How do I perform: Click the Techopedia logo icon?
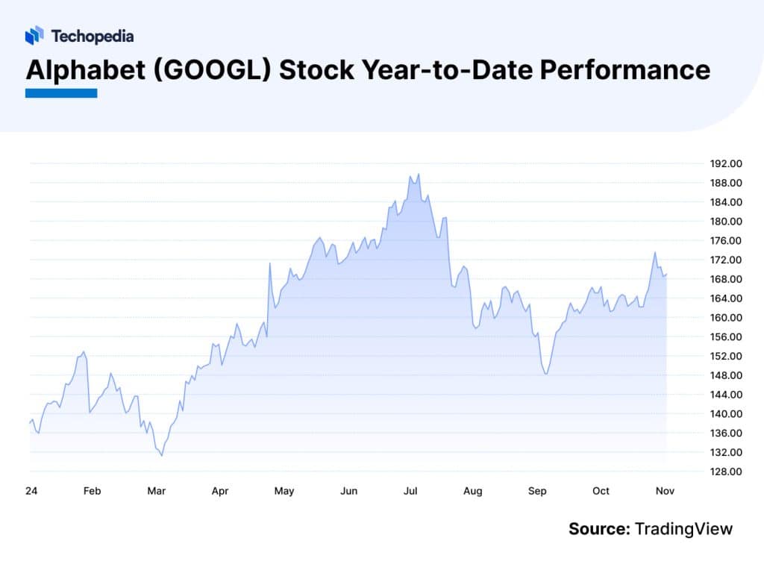click(x=34, y=35)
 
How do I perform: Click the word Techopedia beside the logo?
click(x=93, y=36)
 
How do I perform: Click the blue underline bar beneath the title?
click(x=61, y=93)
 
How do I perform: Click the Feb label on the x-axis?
click(x=92, y=491)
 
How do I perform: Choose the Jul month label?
click(x=410, y=491)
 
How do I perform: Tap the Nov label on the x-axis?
click(x=665, y=491)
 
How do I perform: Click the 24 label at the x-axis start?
click(x=30, y=491)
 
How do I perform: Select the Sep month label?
click(x=537, y=491)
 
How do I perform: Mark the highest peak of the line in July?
click(x=419, y=175)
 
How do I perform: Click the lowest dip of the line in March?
click(x=162, y=455)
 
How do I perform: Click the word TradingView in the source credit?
click(x=683, y=529)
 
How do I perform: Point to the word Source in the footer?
click(x=598, y=529)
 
